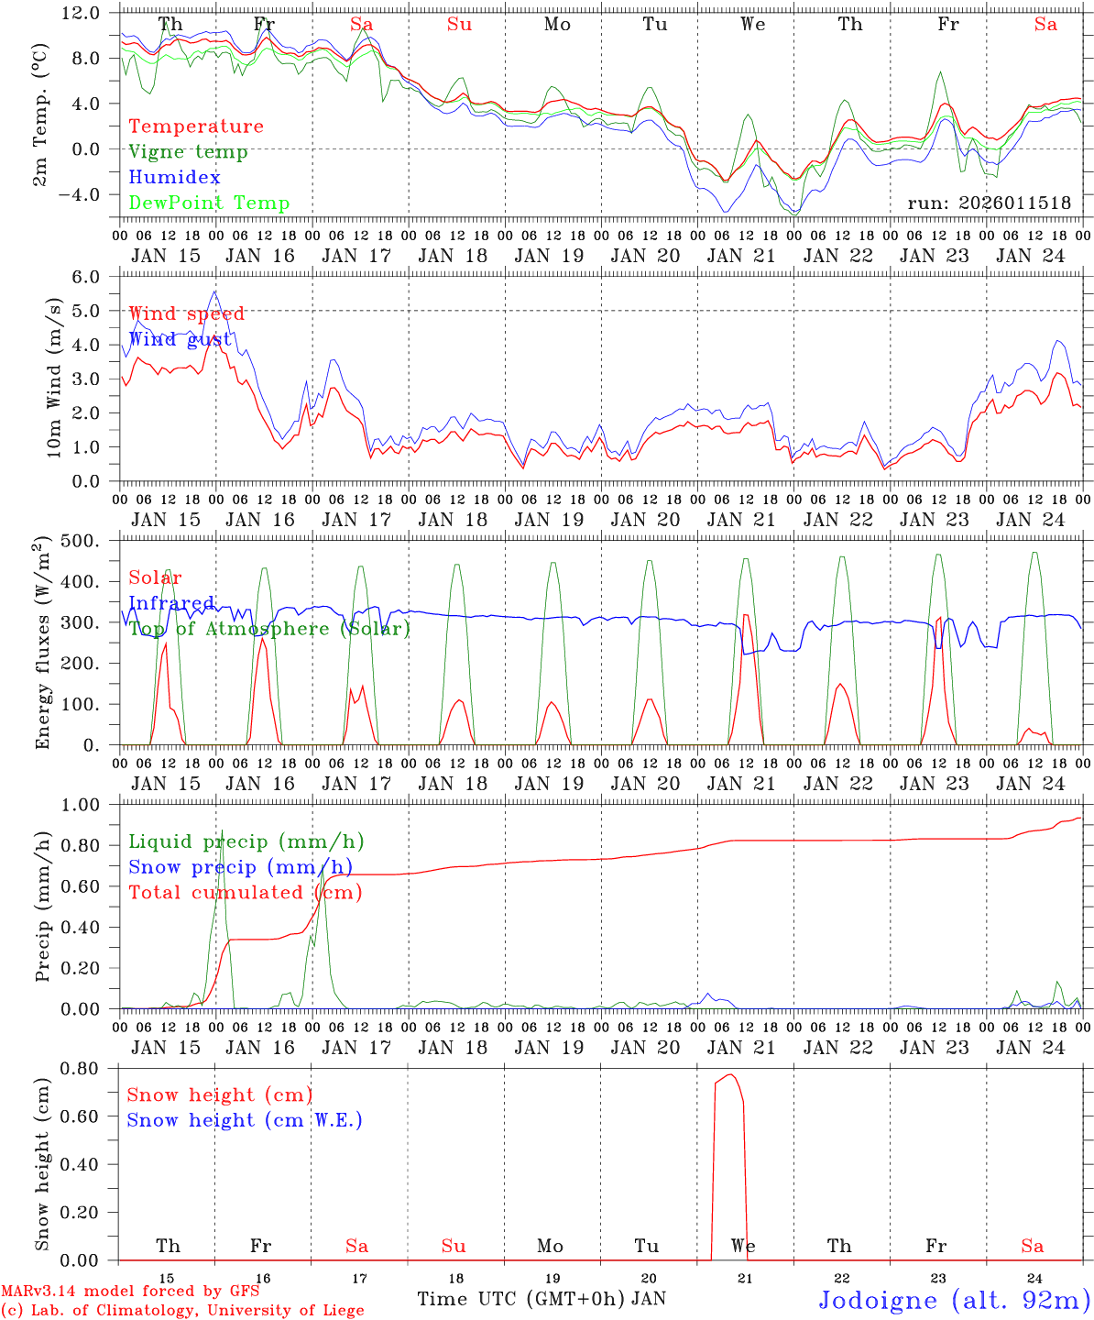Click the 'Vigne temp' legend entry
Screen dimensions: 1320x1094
click(x=188, y=152)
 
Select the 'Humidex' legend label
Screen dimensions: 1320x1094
click(x=174, y=178)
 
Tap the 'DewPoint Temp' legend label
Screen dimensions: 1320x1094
click(x=209, y=203)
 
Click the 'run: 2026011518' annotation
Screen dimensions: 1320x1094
click(x=989, y=203)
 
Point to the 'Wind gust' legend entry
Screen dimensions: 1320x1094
click(x=181, y=339)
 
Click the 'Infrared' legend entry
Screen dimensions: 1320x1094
click(x=171, y=603)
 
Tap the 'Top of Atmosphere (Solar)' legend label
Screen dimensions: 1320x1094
click(x=268, y=629)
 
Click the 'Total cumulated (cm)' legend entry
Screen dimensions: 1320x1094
click(x=245, y=893)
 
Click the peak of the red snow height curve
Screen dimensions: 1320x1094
click(x=730, y=1074)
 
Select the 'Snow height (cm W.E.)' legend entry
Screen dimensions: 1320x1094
click(x=245, y=1120)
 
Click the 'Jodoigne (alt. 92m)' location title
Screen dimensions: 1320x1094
click(x=954, y=1300)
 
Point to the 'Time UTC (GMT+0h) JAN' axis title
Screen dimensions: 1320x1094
click(x=542, y=1299)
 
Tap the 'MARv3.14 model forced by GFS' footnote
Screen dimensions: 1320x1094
click(x=130, y=1292)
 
